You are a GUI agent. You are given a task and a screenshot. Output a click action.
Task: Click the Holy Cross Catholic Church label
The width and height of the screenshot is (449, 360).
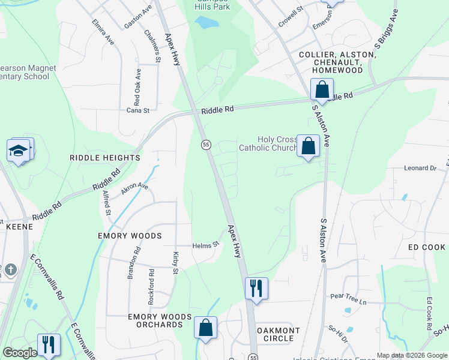tap(268, 143)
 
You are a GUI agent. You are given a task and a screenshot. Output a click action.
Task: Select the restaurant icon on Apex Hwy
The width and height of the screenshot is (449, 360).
tap(256, 288)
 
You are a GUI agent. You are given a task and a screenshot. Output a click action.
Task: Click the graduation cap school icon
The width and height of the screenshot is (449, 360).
tap(20, 151)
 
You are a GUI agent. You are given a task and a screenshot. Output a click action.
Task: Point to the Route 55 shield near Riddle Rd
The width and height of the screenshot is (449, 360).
tap(205, 145)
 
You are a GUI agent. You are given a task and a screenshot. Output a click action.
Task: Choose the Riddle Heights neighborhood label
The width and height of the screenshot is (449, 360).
tap(105, 158)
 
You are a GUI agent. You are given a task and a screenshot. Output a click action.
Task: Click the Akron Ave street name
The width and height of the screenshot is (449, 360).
tap(134, 187)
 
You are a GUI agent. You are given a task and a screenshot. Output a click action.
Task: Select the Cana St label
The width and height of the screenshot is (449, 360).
tap(137, 110)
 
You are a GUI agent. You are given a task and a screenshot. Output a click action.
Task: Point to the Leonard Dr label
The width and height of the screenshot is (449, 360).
tap(420, 169)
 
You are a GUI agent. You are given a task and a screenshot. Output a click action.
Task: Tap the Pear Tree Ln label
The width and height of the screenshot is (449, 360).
tap(348, 296)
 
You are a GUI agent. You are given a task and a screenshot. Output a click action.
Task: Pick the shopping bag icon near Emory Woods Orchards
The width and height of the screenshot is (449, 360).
tap(205, 328)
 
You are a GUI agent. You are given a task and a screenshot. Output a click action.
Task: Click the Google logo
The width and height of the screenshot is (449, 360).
tap(20, 353)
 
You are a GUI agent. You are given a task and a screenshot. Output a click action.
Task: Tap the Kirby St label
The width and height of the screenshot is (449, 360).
tap(175, 263)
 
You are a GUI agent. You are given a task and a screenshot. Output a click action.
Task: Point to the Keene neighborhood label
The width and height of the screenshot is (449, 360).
tap(19, 227)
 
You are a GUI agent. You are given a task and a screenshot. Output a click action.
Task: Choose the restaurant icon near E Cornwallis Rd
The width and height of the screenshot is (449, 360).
tap(49, 344)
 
